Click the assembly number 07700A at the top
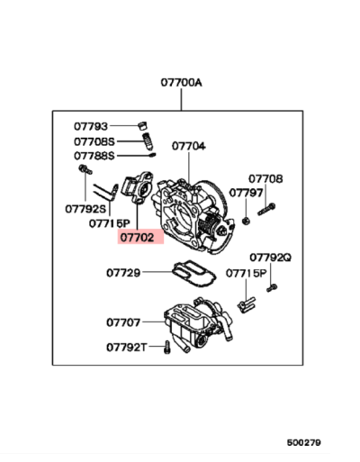[x=182, y=82]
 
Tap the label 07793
[x=90, y=126]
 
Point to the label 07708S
[x=94, y=141]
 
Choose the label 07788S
[x=94, y=155]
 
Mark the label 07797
[x=246, y=192]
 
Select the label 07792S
[x=85, y=209]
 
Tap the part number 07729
[x=122, y=271]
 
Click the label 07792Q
[x=271, y=257]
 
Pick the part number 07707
[x=122, y=321]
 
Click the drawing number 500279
[x=303, y=442]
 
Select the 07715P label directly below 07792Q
[x=247, y=272]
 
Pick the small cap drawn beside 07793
[x=141, y=125]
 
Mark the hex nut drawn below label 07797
[x=244, y=218]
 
